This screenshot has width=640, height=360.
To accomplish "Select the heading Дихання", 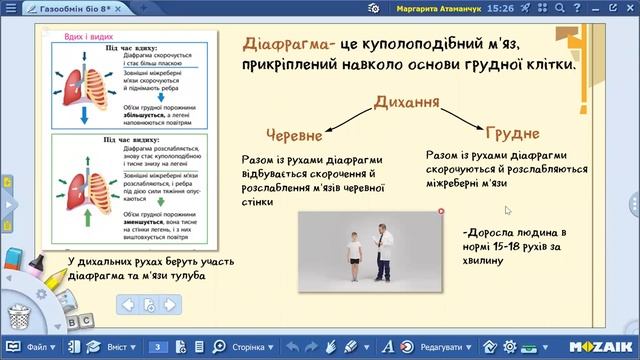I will (x=407, y=102).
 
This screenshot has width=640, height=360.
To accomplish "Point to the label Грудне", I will (x=512, y=133).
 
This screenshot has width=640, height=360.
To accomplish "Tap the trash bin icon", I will (x=19, y=318).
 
